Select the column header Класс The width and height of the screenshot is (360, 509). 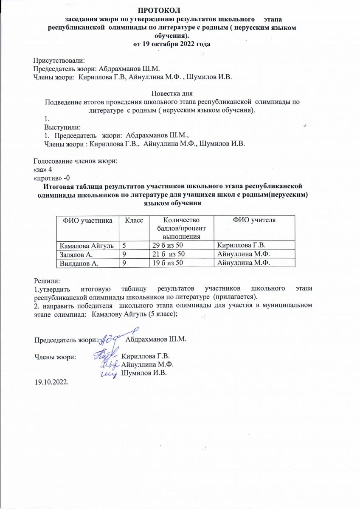pos(133,221)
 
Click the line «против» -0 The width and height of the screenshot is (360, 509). pos(55,177)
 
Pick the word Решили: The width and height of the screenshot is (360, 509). pos(47,281)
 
